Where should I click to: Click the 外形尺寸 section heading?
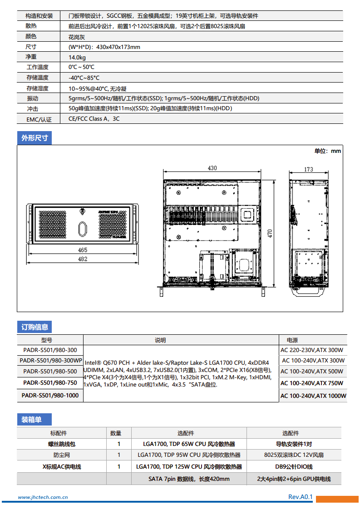coord(35,138)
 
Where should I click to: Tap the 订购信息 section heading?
coord(35,327)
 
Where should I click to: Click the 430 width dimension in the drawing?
coord(212,168)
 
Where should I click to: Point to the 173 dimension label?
coord(309,169)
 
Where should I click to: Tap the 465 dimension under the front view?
coord(83,250)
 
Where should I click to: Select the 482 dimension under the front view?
coord(83,259)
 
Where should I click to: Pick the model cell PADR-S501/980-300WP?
coord(50,361)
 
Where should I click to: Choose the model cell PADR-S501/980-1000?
coord(50,396)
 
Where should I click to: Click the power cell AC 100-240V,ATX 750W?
coord(312,383)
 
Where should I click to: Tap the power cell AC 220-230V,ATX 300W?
coord(312,350)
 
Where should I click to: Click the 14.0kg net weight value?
coord(77,58)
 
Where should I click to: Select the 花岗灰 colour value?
coord(76,36)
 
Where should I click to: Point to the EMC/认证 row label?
coord(39,119)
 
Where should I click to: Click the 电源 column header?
coord(292,340)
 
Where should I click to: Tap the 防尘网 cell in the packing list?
coord(62,455)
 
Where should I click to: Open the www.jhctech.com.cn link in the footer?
coord(43,497)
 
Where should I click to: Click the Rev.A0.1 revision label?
coord(301,497)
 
